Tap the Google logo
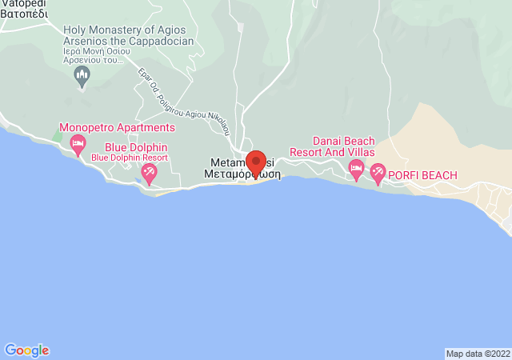26,350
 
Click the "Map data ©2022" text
478,354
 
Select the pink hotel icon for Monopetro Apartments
78,145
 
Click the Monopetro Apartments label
118,127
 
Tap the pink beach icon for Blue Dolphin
148,172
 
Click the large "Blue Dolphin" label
136,147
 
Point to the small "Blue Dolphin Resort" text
130,158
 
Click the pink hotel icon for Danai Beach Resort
356,168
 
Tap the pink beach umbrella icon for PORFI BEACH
377,173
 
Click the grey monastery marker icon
81,76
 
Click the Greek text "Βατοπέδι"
24,14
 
